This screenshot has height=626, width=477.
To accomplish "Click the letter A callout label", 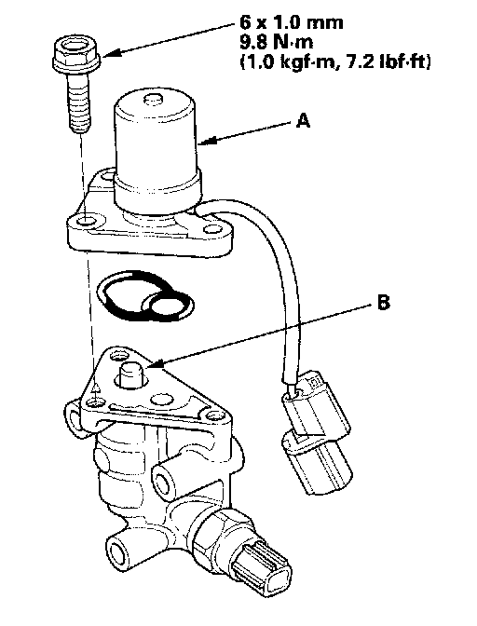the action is tap(303, 120).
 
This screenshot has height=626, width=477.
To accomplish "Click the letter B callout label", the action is tap(382, 302).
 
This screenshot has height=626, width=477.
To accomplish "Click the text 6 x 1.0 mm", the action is tap(292, 22).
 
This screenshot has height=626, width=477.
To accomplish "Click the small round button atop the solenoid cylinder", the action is tap(154, 98).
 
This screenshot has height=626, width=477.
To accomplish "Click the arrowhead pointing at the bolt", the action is tap(109, 54).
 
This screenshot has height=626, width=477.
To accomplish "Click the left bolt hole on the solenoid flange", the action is tap(87, 220).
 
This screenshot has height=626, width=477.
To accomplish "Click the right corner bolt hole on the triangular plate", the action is tap(213, 416).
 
